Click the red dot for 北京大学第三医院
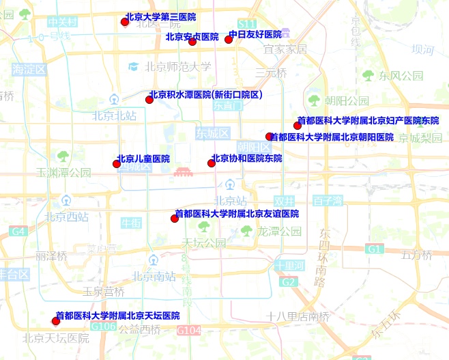[125, 22]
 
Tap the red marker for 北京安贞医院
[192, 42]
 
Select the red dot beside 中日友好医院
[229, 39]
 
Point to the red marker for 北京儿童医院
[117, 163]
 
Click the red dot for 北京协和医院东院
[212, 163]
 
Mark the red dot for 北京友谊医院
[174, 218]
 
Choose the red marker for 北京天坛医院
[56, 320]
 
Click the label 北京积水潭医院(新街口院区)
[205, 95]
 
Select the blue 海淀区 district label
[29, 69]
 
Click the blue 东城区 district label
[212, 132]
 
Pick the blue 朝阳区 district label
[254, 146]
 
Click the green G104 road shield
[189, 331]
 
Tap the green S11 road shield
[247, 24]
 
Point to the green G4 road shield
[18, 232]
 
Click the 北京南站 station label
[154, 277]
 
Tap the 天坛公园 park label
[203, 243]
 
